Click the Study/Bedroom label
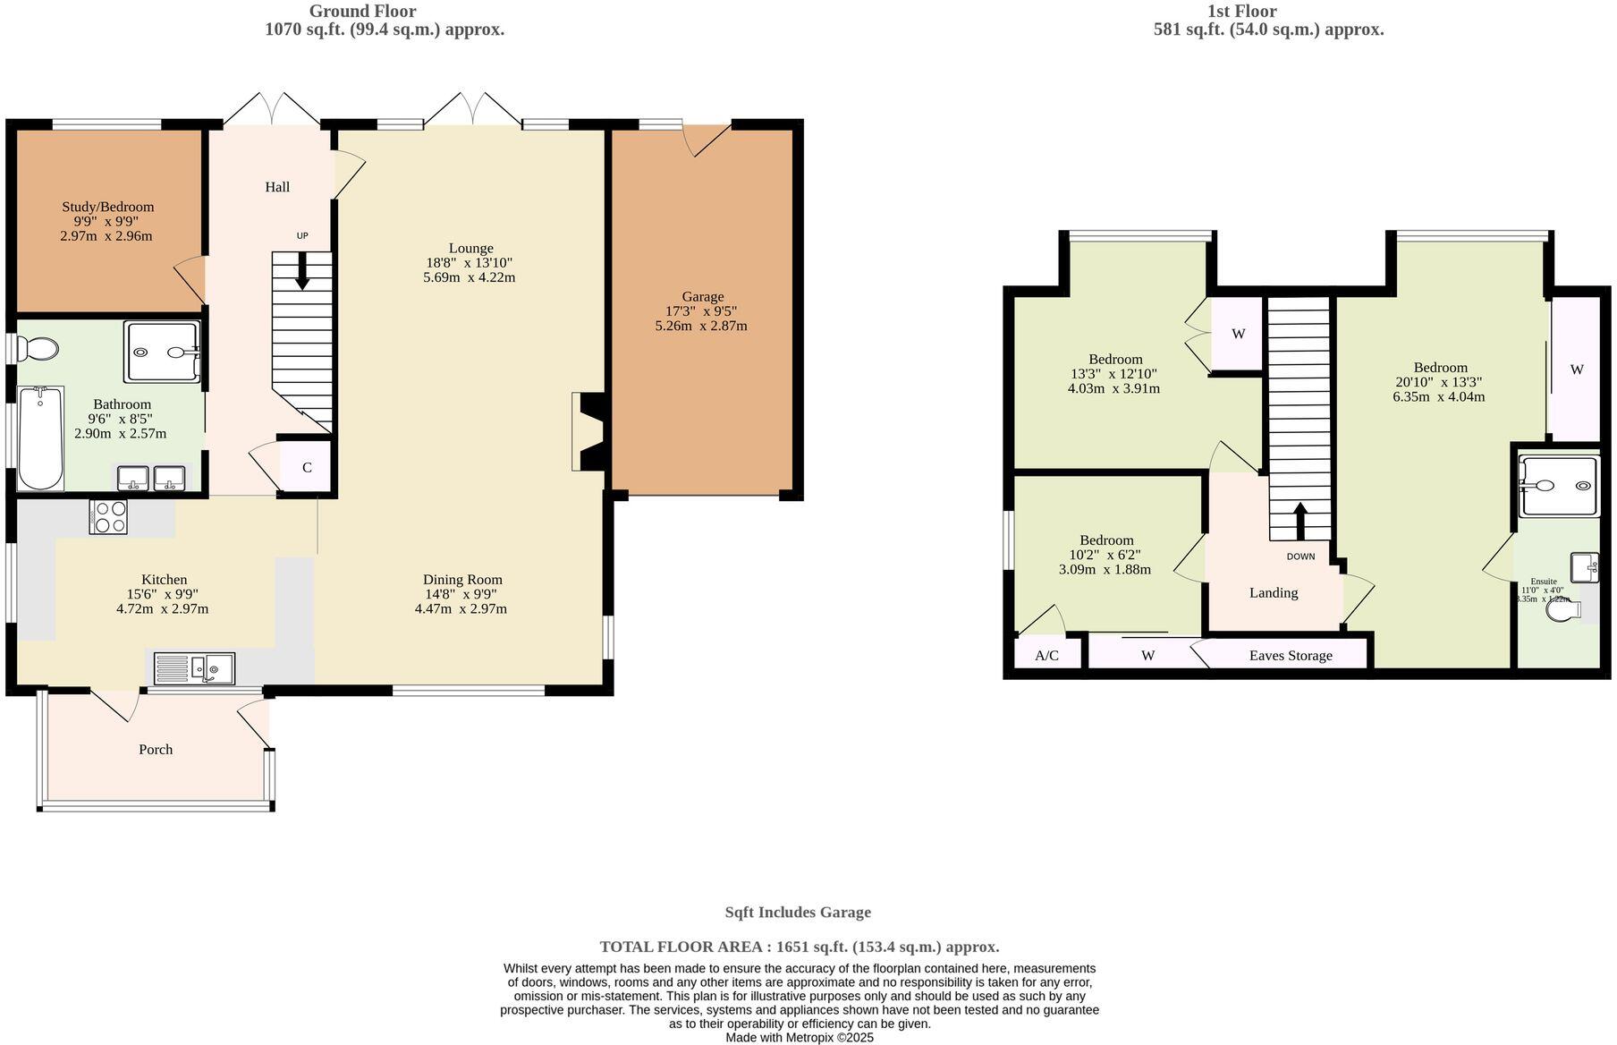[x=107, y=207]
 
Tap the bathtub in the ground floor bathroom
[x=40, y=438]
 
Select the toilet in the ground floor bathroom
[x=39, y=347]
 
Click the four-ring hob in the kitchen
[x=108, y=516]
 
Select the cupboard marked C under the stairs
[x=306, y=467]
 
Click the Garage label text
[x=702, y=296]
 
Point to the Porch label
[x=156, y=749]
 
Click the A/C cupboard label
[x=1046, y=655]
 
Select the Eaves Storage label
[x=1290, y=655]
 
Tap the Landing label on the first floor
[x=1273, y=592]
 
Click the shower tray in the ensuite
[x=1559, y=487]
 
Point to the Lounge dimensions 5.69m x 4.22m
[x=469, y=277]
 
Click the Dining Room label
[x=462, y=579]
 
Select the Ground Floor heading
[x=362, y=12]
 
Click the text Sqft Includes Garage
[x=797, y=912]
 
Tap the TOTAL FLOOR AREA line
[x=799, y=946]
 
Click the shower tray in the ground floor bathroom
[x=163, y=352]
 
